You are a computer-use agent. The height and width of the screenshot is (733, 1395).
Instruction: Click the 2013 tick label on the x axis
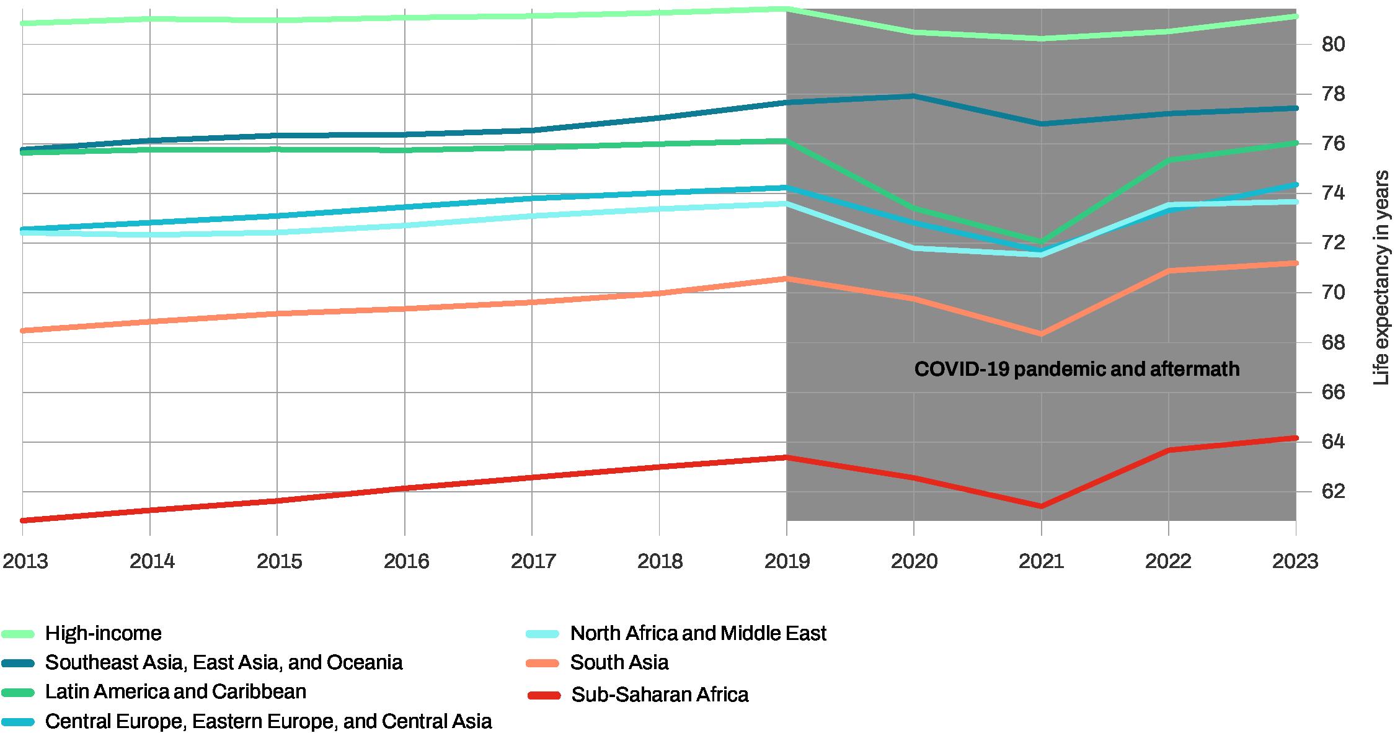click(x=25, y=561)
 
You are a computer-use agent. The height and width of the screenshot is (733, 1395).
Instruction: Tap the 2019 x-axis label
click(x=787, y=561)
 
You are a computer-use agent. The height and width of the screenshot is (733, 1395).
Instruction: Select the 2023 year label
click(x=1295, y=561)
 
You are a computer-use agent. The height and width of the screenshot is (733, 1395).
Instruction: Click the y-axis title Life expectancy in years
click(x=1381, y=277)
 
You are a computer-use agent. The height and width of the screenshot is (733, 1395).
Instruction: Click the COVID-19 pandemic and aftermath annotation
click(x=1077, y=370)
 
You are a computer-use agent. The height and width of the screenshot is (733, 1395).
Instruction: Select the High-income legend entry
click(x=103, y=633)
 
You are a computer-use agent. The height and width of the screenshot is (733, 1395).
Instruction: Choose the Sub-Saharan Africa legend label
click(x=659, y=695)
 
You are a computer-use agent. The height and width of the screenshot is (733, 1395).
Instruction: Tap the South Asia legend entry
click(x=619, y=662)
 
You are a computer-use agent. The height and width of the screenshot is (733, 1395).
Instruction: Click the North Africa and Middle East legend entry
click(x=697, y=633)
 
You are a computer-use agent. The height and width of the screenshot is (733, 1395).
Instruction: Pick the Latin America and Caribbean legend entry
click(x=175, y=691)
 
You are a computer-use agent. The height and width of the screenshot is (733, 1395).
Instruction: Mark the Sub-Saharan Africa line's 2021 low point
click(x=1041, y=506)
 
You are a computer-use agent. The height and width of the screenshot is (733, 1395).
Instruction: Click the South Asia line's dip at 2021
click(x=1041, y=334)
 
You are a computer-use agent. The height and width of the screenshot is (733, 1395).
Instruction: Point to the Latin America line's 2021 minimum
click(x=1041, y=241)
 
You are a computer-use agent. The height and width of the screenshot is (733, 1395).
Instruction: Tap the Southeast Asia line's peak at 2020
click(x=914, y=96)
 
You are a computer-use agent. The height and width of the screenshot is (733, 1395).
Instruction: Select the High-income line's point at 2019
click(x=787, y=9)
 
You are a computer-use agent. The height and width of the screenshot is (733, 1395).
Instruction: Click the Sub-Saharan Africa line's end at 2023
click(x=1295, y=438)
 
